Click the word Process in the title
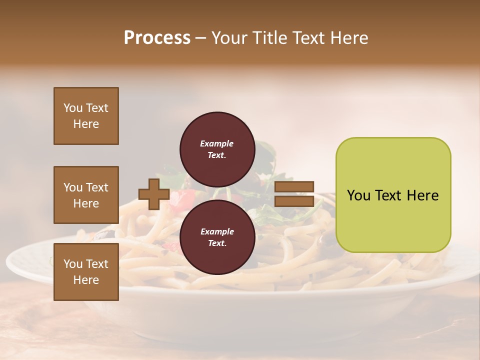(x=157, y=38)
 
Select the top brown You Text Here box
(x=86, y=116)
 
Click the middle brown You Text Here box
(x=86, y=195)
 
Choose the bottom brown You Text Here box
(x=86, y=272)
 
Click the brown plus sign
(x=154, y=194)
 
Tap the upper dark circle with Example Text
(x=217, y=149)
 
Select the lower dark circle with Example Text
(x=217, y=237)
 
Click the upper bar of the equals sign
(x=294, y=187)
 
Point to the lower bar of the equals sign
(x=294, y=201)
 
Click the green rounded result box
(x=393, y=195)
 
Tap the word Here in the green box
(x=422, y=195)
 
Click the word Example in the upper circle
(x=217, y=143)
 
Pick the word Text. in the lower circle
(x=217, y=243)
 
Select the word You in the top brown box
(x=73, y=108)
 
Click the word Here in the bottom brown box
(x=86, y=280)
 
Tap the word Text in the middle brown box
(x=97, y=187)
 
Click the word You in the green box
(x=358, y=195)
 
